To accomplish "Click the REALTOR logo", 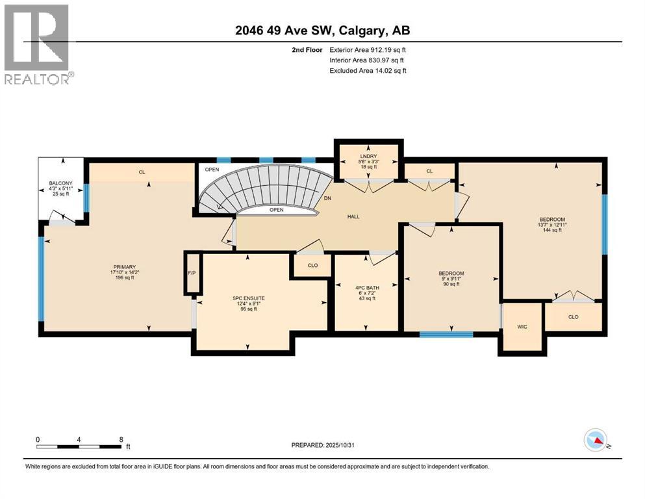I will click(x=38, y=44).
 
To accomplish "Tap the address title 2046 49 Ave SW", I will click(x=322, y=30).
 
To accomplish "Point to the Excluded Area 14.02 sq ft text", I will click(x=368, y=71).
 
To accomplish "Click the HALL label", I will click(x=353, y=217).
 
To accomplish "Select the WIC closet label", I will click(x=522, y=327).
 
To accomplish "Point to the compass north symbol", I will click(x=596, y=441).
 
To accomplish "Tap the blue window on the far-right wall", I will click(x=605, y=225).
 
